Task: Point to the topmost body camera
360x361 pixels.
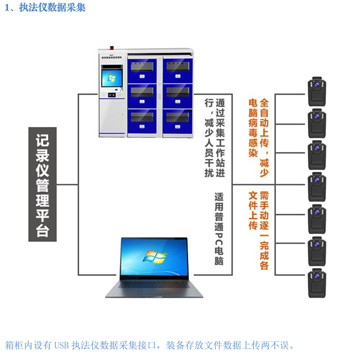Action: point(316,91)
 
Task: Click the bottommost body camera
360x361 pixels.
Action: point(316,283)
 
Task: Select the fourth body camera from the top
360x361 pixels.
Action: point(316,186)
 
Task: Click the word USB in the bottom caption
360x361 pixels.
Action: point(62,345)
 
